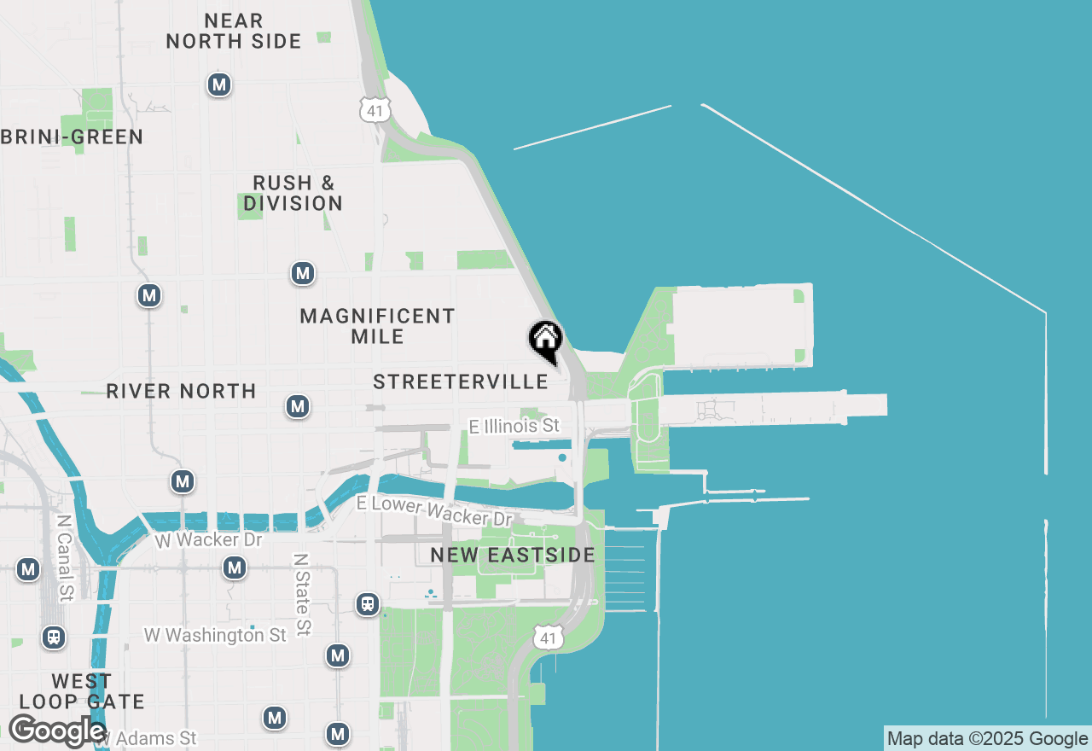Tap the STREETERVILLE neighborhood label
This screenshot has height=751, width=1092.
pos(461,381)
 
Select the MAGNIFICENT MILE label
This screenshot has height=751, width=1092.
pos(378,326)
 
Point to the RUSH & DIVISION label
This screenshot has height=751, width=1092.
pos(293,193)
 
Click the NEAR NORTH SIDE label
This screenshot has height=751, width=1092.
pos(234,31)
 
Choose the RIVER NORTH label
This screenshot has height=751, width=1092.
pos(181,391)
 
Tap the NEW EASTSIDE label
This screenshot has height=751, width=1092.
pos(513,556)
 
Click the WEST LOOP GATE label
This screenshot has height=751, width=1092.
pos(81,691)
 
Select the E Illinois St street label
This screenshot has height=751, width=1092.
pos(514,425)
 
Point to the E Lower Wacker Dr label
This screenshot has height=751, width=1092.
pos(434,510)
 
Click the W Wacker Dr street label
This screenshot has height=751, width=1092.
pos(209,540)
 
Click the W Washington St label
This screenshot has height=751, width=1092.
pos(215,635)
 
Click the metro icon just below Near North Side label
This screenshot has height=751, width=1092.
pos(219,84)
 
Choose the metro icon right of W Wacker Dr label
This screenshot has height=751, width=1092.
pos(235,568)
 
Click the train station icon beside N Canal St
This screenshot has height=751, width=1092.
pos(54,637)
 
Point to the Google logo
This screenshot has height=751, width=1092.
pos(57,731)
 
